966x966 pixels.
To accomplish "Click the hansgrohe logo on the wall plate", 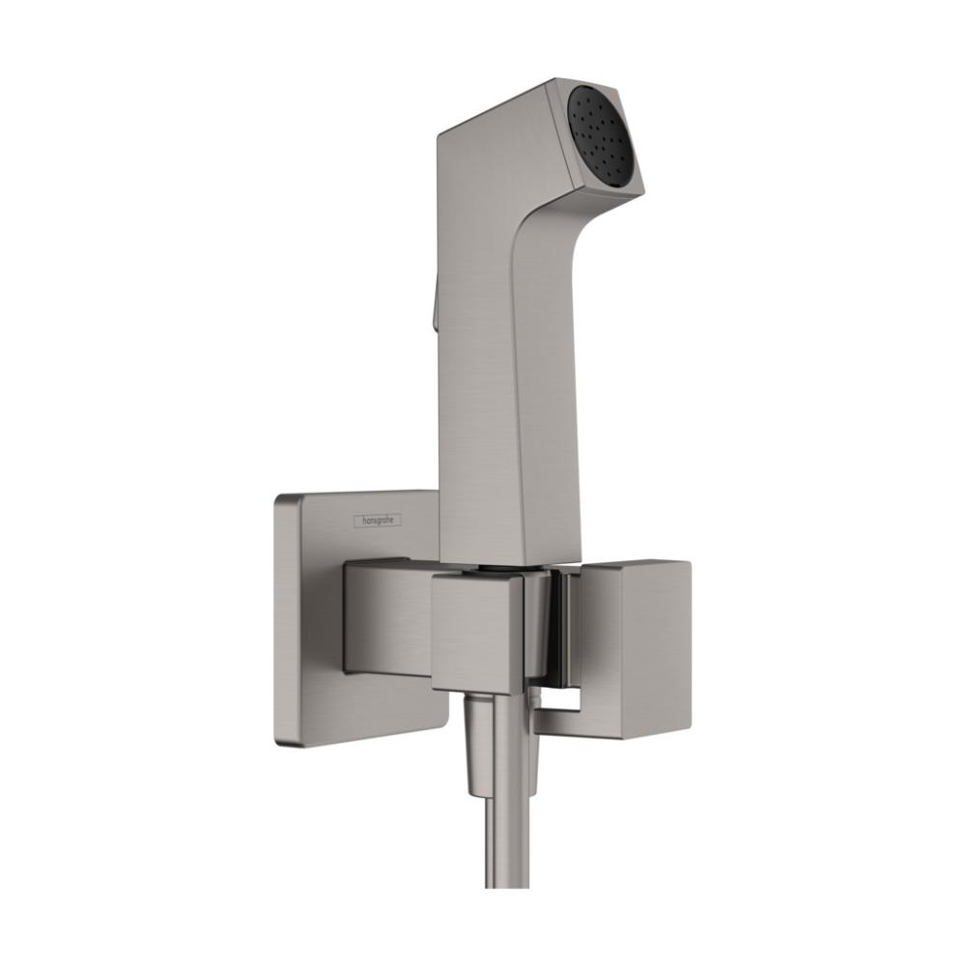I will [x=377, y=521].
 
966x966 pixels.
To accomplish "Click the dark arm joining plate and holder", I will [x=386, y=618].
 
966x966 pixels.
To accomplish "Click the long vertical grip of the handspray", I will [x=483, y=386].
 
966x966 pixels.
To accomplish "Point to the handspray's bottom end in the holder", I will [x=493, y=558].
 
